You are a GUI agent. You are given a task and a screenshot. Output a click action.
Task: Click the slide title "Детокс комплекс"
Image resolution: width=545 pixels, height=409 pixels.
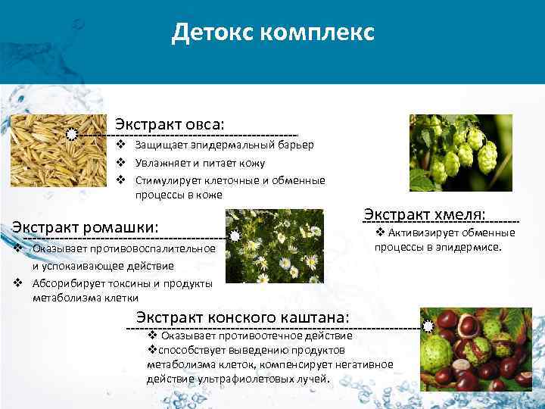pos(272,33)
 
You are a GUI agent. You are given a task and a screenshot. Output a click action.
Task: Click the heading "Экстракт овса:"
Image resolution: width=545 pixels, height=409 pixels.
pos(170,123)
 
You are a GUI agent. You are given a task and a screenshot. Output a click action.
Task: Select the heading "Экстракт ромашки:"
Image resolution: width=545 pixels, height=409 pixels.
pos(86,226)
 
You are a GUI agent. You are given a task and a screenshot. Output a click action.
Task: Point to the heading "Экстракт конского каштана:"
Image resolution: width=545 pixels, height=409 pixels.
pos(242,317)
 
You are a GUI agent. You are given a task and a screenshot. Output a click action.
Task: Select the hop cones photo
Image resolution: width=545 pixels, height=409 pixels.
pos(460,152)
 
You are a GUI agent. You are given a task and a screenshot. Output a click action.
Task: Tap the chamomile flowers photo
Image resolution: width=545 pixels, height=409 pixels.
pos(275,247)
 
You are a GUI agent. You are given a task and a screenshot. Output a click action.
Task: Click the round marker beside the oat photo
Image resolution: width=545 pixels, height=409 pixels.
pos(71,134)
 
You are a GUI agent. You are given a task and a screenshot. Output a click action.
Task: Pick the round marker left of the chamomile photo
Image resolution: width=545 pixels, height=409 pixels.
pos(235,237)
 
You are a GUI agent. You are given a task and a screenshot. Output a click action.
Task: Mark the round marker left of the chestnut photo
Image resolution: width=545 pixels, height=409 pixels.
pos(428,327)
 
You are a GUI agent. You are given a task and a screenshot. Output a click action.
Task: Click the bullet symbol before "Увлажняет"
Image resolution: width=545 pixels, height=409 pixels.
pos(120,163)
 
